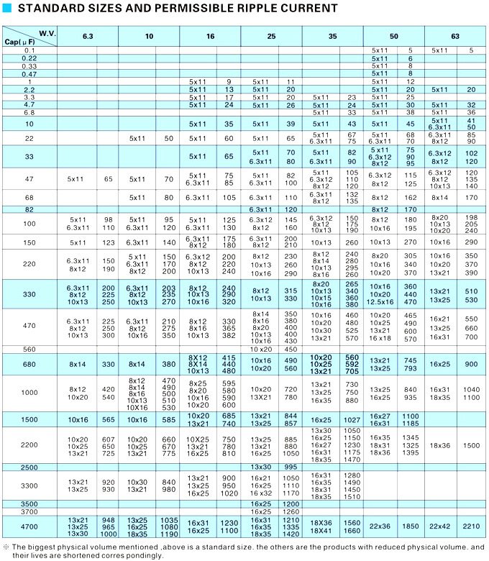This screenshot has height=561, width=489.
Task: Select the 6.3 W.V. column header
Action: pos(87,36)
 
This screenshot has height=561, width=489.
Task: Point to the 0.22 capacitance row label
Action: pos(29,58)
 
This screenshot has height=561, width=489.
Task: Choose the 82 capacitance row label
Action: pos(29,209)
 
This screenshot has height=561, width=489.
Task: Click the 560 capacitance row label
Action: pos(29,349)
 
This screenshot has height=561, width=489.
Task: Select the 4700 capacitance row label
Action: pos(29,526)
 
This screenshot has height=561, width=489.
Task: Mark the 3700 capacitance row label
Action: pos(29,511)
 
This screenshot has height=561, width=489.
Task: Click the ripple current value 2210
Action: pos(471,526)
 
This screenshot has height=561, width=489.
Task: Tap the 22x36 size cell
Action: pos(379,526)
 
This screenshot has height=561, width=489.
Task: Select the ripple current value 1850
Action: pos(410,526)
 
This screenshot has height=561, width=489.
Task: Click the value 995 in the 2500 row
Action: pos(291,467)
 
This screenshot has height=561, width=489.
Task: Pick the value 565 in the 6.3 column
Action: pos(108,419)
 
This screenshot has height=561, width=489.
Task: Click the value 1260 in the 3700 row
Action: pos(291,511)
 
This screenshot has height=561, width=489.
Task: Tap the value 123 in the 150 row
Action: pos(108,242)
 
